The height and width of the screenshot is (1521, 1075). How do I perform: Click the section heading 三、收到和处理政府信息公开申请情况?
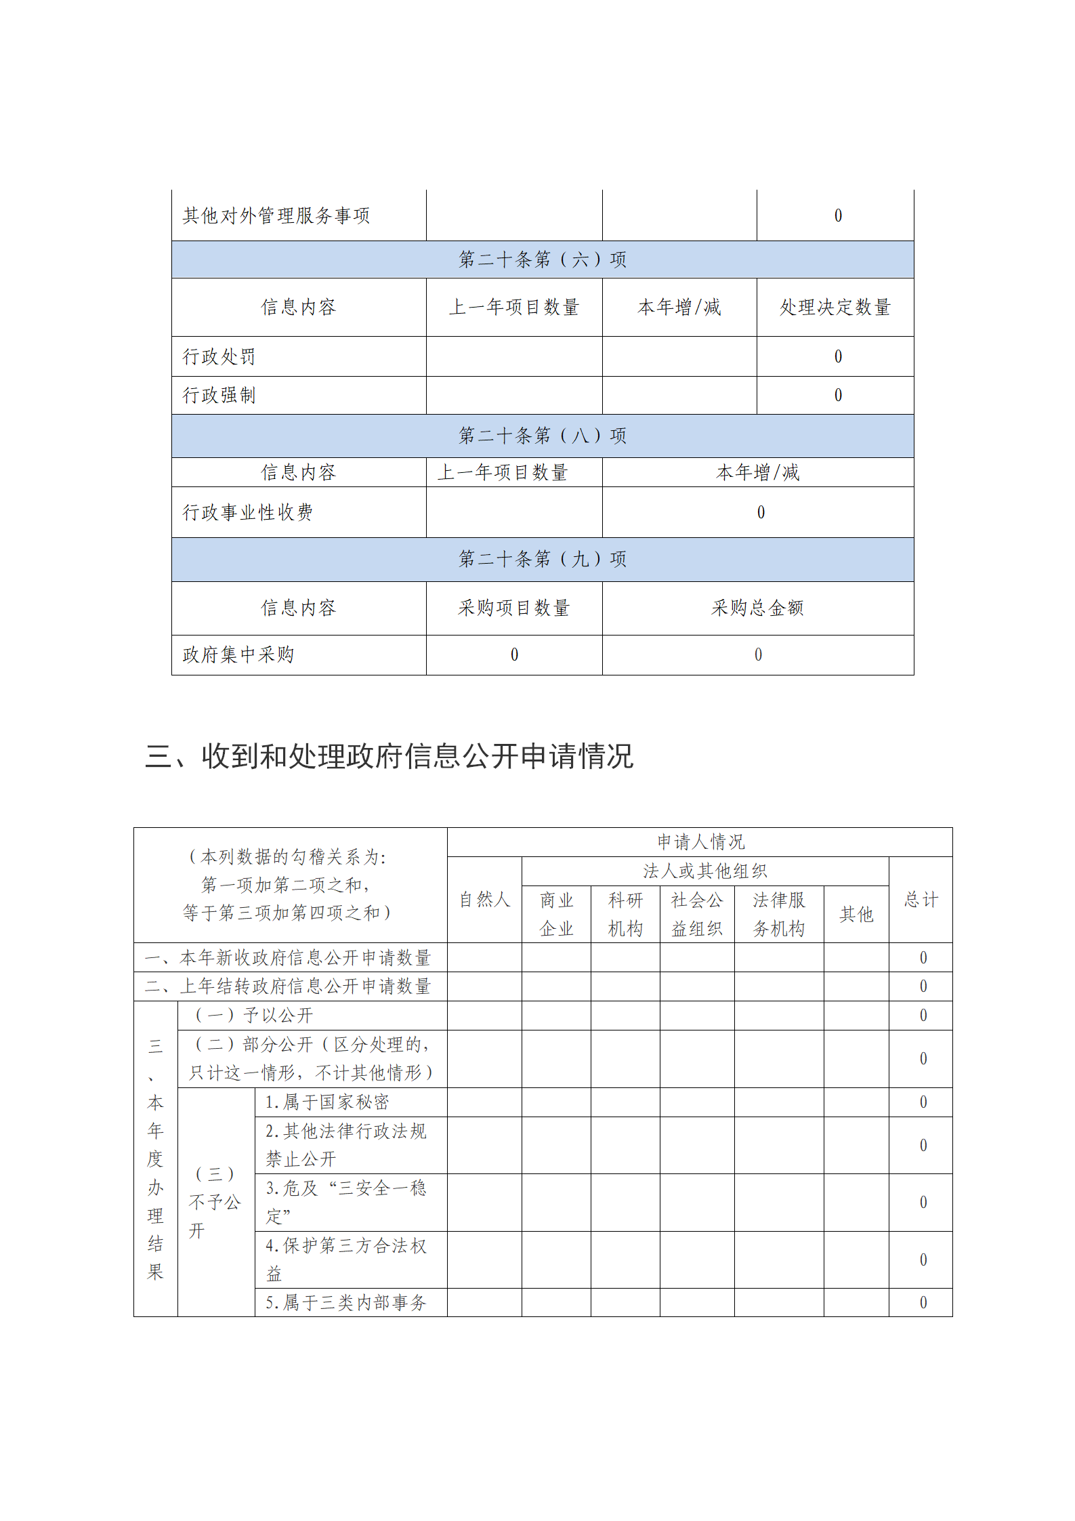point(389,756)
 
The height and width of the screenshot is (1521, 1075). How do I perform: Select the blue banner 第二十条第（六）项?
point(542,259)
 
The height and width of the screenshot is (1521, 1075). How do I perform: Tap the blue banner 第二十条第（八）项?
point(542,436)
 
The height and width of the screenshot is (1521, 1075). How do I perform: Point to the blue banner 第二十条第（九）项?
point(542,559)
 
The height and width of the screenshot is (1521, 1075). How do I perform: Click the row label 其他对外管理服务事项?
point(276,216)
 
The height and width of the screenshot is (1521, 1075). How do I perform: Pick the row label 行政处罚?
point(219,356)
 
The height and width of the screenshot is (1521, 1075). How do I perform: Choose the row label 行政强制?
point(219,395)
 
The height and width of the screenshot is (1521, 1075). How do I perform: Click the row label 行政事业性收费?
point(247,512)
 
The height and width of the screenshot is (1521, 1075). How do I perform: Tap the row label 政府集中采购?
point(238,654)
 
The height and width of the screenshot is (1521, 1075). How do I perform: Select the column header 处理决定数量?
point(835,307)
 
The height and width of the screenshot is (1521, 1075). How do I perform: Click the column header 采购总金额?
point(757,608)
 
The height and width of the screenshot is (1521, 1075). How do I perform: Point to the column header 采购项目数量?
point(513,608)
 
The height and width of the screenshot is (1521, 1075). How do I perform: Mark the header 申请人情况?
point(700,842)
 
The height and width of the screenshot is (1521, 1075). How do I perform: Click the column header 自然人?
point(484,900)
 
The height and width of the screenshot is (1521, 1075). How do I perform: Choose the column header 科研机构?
point(625,914)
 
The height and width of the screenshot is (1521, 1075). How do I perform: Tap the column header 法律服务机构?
point(779,914)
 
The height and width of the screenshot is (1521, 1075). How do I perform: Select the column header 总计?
point(921,900)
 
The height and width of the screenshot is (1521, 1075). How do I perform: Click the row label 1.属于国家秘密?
point(327,1102)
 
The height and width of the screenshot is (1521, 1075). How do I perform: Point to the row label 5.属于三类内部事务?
point(345,1302)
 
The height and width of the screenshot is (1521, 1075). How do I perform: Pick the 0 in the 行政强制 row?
point(838,395)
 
